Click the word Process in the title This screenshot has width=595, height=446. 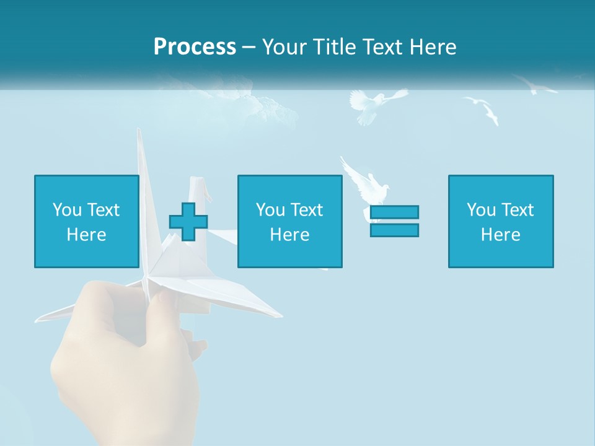(x=195, y=47)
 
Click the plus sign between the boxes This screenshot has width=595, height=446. (x=188, y=221)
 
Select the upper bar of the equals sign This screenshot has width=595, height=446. (x=394, y=212)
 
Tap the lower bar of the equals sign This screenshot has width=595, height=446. (x=394, y=230)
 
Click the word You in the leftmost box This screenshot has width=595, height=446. (x=66, y=210)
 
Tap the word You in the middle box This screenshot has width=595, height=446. (x=270, y=210)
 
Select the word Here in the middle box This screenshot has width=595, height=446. (x=289, y=235)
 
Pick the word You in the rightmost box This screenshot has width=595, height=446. (x=480, y=210)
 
